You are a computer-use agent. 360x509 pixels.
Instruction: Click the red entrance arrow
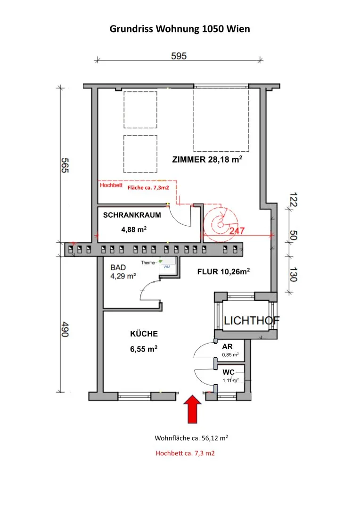click(x=193, y=409)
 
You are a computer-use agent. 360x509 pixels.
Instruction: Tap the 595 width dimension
click(x=179, y=56)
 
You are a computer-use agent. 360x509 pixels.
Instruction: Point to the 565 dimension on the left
click(x=65, y=165)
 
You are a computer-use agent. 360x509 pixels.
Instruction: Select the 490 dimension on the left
click(x=65, y=329)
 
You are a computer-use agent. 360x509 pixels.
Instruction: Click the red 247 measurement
click(x=237, y=231)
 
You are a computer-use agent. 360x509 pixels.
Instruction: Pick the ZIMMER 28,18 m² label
click(x=207, y=159)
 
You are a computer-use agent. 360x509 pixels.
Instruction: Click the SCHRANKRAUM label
click(x=132, y=215)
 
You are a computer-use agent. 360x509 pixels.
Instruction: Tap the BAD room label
click(x=118, y=268)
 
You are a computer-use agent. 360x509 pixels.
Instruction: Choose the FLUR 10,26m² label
click(x=224, y=271)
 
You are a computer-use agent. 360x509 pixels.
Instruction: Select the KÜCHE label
click(x=144, y=334)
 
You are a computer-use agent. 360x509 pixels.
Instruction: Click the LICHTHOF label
click(x=252, y=321)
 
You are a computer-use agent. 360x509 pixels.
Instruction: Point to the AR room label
click(x=227, y=347)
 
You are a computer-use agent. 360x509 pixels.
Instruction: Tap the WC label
click(x=228, y=372)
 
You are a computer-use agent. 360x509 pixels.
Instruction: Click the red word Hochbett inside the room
click(x=111, y=185)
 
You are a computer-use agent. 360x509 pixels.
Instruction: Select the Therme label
click(x=148, y=263)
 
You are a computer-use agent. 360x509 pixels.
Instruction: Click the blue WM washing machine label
click(x=167, y=267)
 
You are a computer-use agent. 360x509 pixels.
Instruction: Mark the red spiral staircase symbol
click(x=220, y=224)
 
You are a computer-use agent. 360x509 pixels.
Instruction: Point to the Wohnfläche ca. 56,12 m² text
click(x=191, y=438)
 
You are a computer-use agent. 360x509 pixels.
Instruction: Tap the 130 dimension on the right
click(x=293, y=274)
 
